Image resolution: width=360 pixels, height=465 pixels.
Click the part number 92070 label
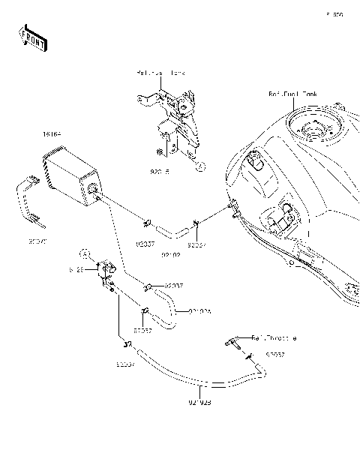(37, 241)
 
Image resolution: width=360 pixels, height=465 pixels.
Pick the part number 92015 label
(160, 171)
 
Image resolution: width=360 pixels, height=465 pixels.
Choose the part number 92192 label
(172, 255)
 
